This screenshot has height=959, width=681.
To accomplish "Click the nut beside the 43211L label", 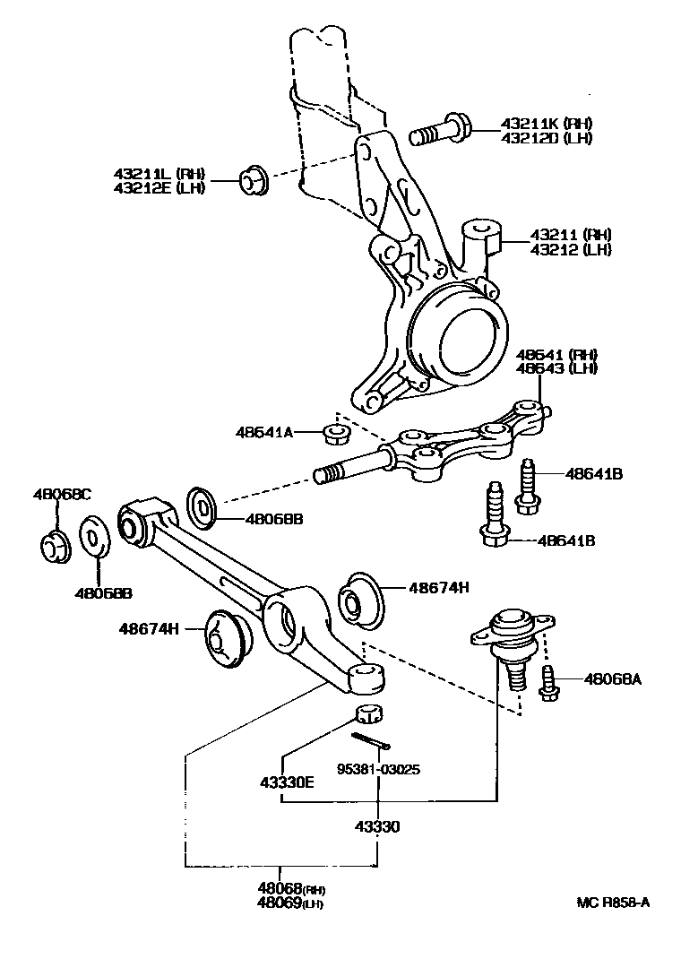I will pos(253,179).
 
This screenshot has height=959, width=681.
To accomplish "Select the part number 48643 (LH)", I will pos(556,368).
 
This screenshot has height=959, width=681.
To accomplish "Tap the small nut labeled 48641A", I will pos(336,435).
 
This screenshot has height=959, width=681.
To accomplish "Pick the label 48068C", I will pos(63,494).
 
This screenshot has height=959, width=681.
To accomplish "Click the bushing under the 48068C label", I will pos(55,546).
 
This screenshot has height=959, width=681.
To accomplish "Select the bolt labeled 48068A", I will pos(547,681).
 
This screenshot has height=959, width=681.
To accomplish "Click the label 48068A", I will pos(615,680).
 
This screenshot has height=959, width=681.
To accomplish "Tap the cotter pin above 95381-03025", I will pos(371,740).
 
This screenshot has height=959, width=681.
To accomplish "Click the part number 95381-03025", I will pos(378,768).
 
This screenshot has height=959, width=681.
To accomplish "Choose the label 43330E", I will pos(287,782).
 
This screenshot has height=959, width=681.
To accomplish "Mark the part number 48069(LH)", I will pos(290,903).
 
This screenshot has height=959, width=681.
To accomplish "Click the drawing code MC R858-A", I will pos(613,903).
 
